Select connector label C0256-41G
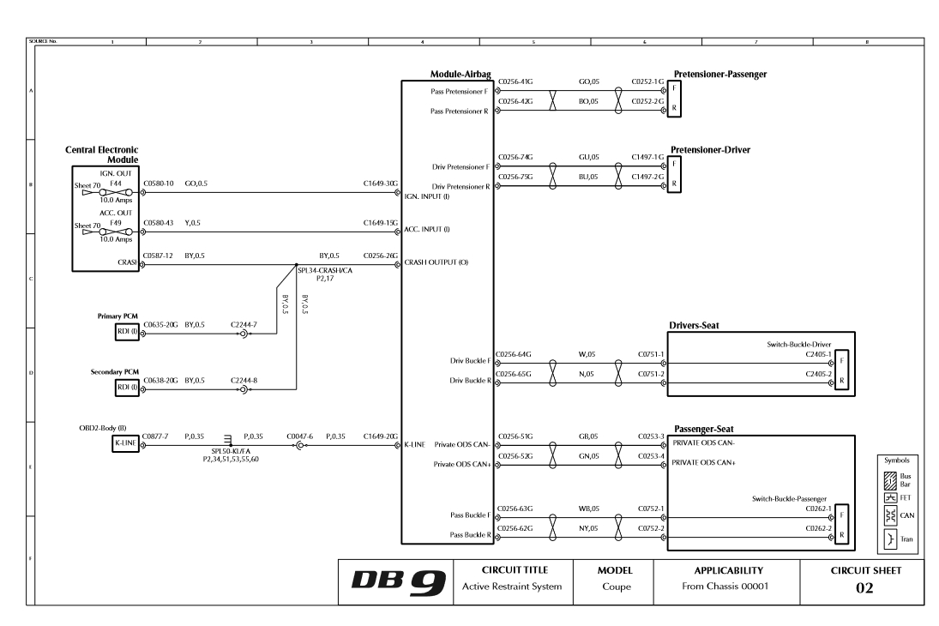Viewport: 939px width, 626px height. [x=515, y=81]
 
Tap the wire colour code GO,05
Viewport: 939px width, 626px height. [x=588, y=81]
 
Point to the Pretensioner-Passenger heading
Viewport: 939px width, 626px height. [x=719, y=75]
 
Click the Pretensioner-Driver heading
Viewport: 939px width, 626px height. [x=711, y=149]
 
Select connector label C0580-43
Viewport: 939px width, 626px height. [x=159, y=223]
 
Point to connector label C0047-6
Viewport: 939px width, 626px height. [x=301, y=436]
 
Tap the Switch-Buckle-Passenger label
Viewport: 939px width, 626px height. [x=786, y=498]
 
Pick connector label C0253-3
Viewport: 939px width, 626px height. [x=651, y=436]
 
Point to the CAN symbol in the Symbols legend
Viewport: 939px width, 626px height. [x=895, y=515]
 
